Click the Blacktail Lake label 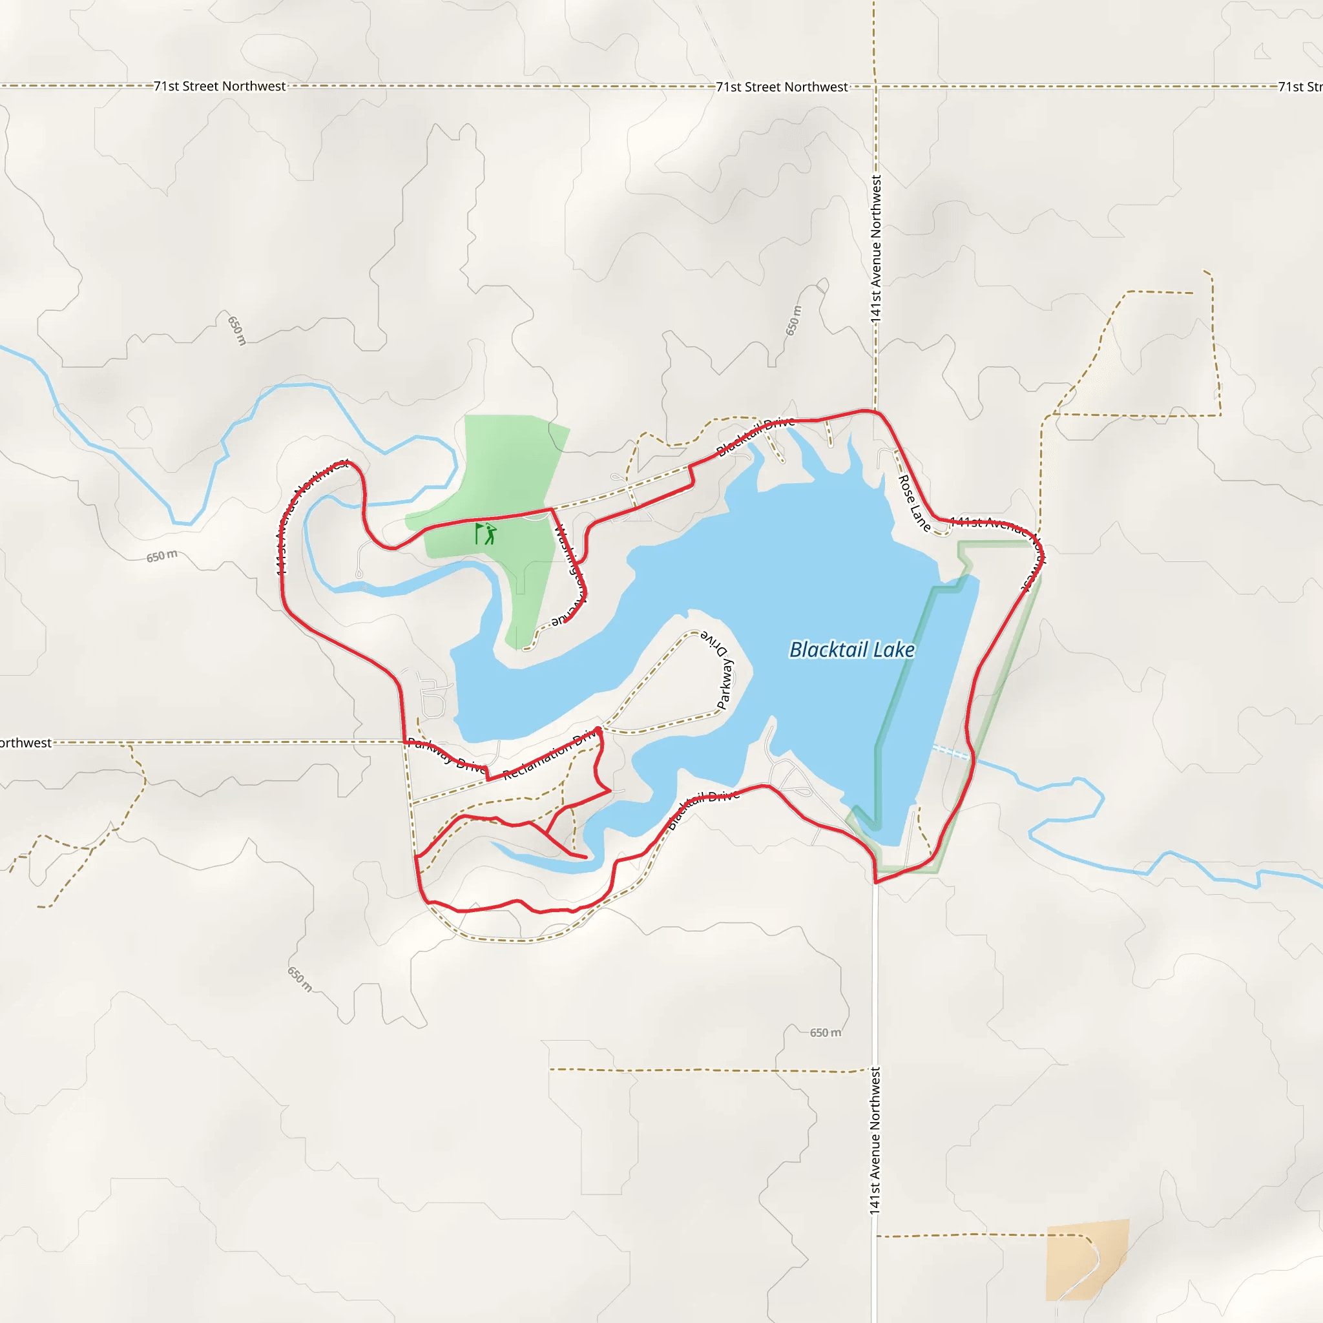tap(852, 649)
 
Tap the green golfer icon tap(486, 534)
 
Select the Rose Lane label tap(913, 503)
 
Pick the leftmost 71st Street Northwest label tap(219, 87)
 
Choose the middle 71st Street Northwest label tap(782, 87)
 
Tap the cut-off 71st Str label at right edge tap(1299, 87)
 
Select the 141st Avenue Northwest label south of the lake tap(875, 1140)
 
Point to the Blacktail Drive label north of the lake tap(755, 436)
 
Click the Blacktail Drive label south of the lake tap(703, 808)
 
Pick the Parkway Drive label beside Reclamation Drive tap(446, 755)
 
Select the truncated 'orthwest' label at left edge tap(25, 743)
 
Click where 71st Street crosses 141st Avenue tap(875, 87)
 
